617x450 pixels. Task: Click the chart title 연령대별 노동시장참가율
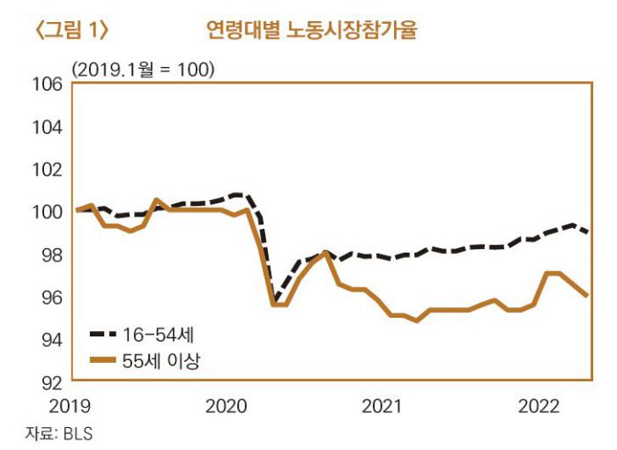(x=310, y=31)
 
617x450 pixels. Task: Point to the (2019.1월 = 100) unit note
(x=144, y=69)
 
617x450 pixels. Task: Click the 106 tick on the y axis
(x=48, y=85)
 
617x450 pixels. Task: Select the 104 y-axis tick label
(x=48, y=127)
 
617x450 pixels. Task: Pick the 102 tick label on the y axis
(x=48, y=169)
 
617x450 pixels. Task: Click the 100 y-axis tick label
(x=48, y=212)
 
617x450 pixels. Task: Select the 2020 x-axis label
(x=226, y=406)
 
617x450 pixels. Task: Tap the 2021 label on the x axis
(x=383, y=406)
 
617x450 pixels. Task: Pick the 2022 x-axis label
(x=539, y=406)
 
